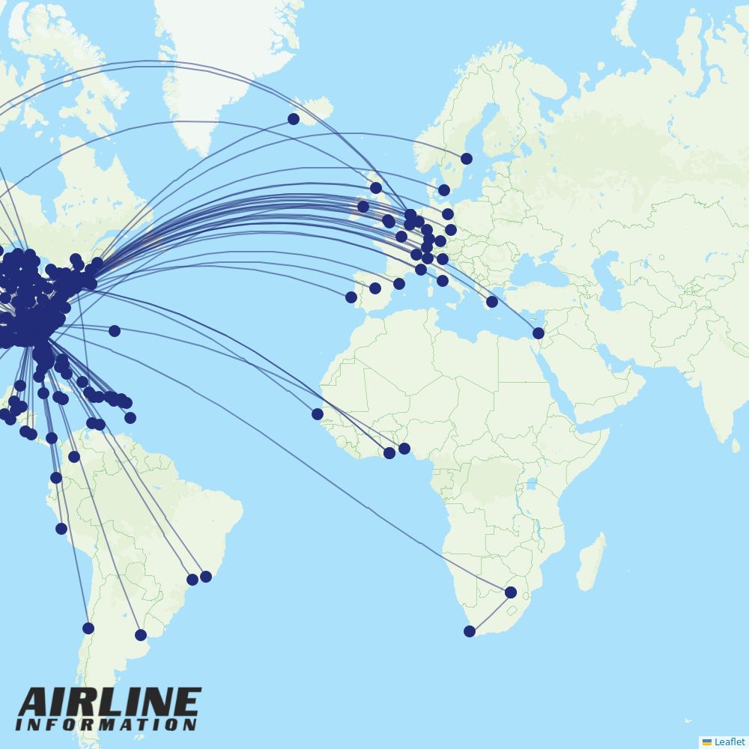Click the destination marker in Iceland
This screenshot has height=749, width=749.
pos(294,119)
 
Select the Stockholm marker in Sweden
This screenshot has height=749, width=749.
pos(467,159)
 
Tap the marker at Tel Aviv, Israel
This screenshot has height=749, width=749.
pos(539,333)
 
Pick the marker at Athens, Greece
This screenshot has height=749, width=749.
pos(492,302)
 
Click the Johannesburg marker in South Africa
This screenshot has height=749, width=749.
pos(511,592)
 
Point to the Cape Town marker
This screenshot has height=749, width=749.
pos(470,631)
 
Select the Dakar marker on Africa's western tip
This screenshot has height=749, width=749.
pos(318,414)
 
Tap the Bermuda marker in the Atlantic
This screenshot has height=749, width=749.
pos(115,331)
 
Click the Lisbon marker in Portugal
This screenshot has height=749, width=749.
pos(351,297)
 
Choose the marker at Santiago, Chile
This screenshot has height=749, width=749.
pos(88,628)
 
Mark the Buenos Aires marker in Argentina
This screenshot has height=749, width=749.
pos(141,635)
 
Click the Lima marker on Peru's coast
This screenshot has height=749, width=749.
pos(61,529)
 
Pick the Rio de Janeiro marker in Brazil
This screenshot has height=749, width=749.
pos(206,577)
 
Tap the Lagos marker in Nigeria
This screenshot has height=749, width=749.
pos(404,449)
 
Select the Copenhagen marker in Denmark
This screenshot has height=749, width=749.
pos(444,190)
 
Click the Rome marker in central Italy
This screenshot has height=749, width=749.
pos(443,281)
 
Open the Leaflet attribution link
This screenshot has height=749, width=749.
pos(729,742)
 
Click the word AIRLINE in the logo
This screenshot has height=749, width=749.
pos(109,703)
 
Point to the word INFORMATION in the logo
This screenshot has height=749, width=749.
pos(106,725)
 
